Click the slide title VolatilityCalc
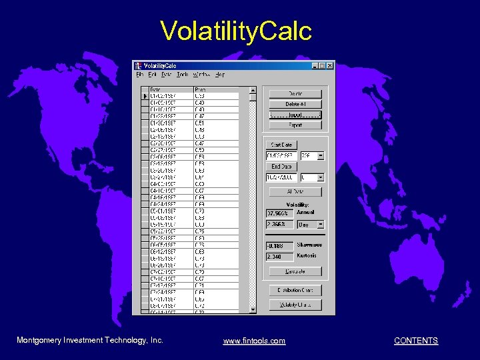pos(236,31)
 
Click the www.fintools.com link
pos(254,341)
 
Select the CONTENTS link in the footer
pos(416,341)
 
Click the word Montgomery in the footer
pos(38,340)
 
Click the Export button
pos(295,125)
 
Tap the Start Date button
pos(281,145)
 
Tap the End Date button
pos(281,167)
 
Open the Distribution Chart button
pos(295,290)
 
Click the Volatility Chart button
pos(295,305)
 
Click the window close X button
pos(329,65)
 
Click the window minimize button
pos(314,65)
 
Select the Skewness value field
pos(279,246)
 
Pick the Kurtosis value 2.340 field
pos(279,257)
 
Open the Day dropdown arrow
pos(321,225)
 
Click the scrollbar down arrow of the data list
pos(252,309)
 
